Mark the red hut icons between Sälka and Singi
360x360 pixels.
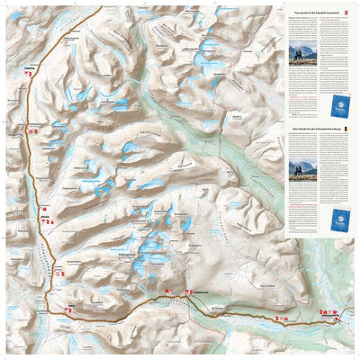tap(58, 272)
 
